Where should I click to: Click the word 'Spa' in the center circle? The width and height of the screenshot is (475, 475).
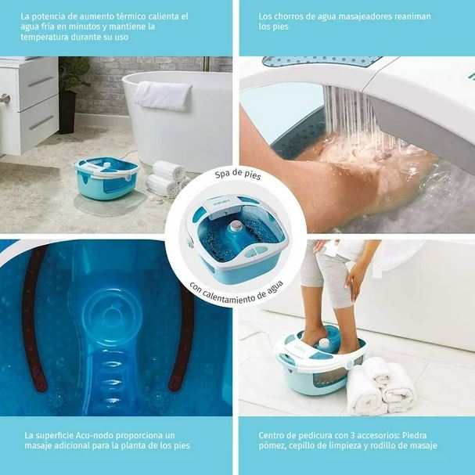221,175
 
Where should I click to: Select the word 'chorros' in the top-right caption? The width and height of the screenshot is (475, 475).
290,16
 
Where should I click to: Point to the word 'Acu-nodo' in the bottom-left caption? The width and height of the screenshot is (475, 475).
92,435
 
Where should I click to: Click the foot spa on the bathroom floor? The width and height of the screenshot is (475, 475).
107,178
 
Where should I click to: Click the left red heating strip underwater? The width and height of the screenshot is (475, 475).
34,318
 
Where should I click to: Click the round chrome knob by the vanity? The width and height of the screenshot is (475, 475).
5,99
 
